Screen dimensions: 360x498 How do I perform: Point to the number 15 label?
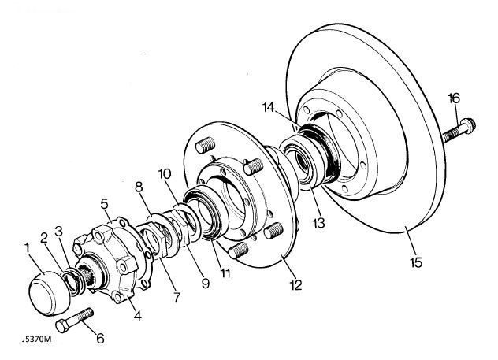click(x=415, y=261)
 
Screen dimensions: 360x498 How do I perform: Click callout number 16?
click(x=453, y=98)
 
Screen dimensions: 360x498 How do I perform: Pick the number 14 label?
click(x=290, y=107)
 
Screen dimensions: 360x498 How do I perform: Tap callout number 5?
click(x=104, y=202)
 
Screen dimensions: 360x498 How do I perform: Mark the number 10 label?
click(x=164, y=173)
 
